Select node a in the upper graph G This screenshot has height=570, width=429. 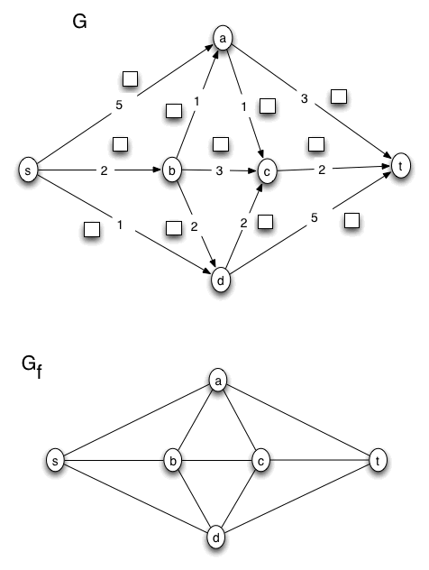pyautogui.click(x=222, y=39)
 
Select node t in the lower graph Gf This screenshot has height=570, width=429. pyautogui.click(x=377, y=462)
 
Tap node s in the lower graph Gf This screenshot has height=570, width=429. pyautogui.click(x=56, y=462)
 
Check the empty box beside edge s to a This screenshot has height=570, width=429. pyautogui.click(x=131, y=78)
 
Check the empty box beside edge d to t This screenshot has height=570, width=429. pyautogui.click(x=351, y=220)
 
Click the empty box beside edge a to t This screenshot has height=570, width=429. pyautogui.click(x=338, y=95)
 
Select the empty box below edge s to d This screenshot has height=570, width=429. pyautogui.click(x=90, y=229)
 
